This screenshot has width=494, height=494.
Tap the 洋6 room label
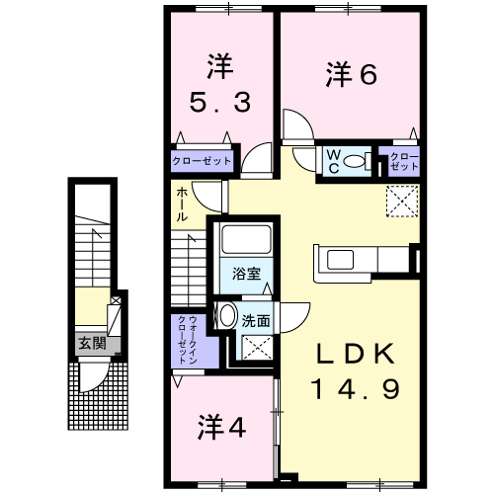[x=352, y=75]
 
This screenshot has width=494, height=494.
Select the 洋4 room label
[x=221, y=427]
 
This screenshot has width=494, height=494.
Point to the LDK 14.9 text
[x=356, y=371]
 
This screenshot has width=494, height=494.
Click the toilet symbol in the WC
[x=357, y=161]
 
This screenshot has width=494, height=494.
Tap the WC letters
[x=334, y=161]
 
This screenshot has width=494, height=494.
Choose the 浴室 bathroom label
[x=246, y=274]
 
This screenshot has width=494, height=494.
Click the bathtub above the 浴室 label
[x=246, y=239]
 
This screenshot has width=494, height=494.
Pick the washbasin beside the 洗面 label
[x=226, y=315]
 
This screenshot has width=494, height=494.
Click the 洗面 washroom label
[x=256, y=321]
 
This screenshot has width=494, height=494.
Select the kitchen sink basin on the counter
[x=340, y=260]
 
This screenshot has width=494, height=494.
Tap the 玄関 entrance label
[x=92, y=344]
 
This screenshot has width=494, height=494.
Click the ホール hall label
[x=182, y=205]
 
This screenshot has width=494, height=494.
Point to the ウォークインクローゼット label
[x=187, y=340]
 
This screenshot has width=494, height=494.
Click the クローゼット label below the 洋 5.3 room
[x=202, y=161]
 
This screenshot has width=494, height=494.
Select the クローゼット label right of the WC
[x=404, y=161]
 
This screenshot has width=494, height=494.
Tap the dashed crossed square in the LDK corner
[x=402, y=202]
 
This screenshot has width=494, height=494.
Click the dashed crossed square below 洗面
[x=257, y=348]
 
